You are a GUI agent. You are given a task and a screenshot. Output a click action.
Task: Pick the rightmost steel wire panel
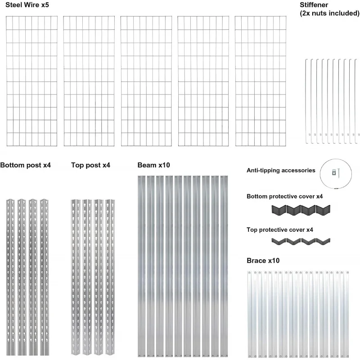[261, 81]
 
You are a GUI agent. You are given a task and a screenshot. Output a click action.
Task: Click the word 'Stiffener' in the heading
[314, 5]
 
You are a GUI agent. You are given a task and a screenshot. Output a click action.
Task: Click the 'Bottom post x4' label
[26, 165]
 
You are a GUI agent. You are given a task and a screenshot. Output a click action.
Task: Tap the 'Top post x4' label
[90, 165]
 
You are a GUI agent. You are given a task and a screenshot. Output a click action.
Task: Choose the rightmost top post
[108, 277]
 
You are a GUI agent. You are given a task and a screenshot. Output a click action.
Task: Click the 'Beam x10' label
[154, 165]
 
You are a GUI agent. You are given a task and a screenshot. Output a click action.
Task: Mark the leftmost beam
[141, 265]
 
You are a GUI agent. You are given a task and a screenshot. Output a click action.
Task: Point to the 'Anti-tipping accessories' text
[281, 171]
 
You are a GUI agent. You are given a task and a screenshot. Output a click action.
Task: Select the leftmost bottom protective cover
[279, 210]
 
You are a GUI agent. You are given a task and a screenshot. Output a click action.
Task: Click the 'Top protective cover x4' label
[280, 229]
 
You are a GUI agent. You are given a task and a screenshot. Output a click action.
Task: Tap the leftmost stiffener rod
[306, 99]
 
